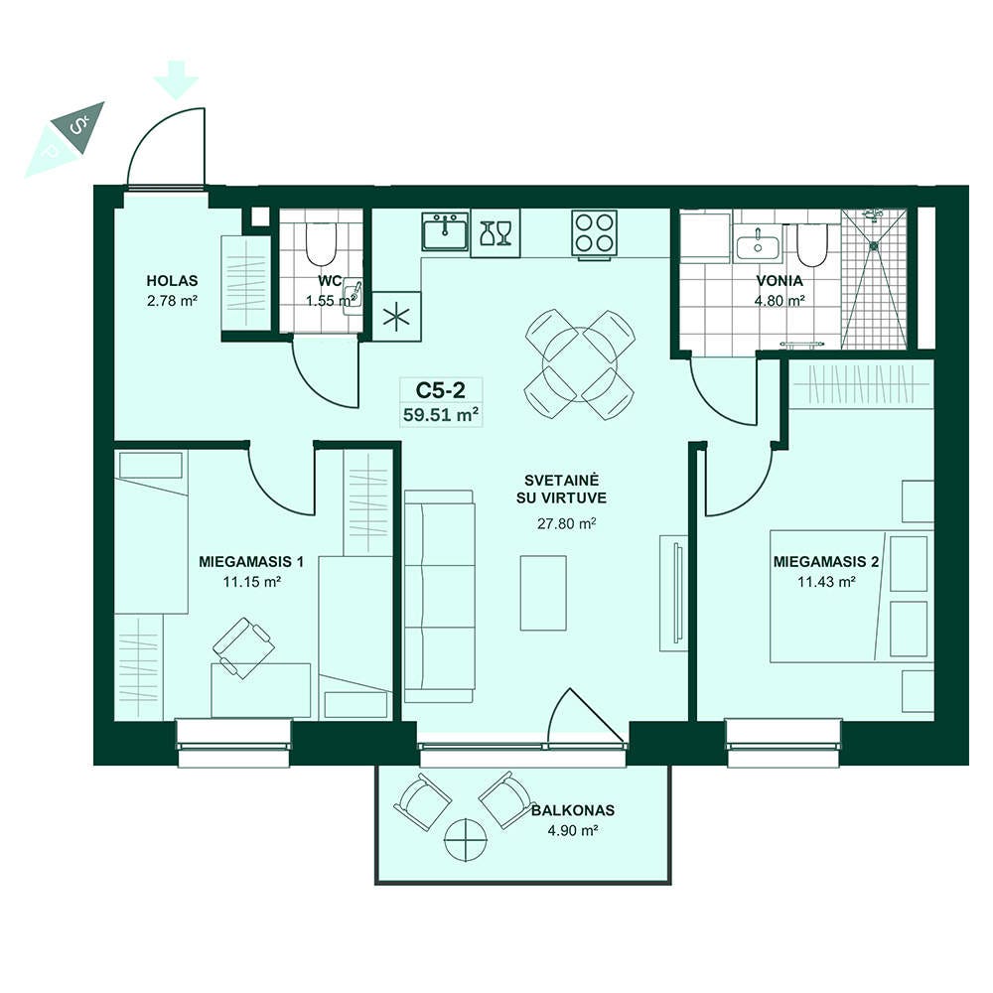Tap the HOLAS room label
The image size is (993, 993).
[172, 281]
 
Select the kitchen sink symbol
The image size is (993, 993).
[445, 231]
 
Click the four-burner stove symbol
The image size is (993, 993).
[594, 232]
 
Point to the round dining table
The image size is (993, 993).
[580, 364]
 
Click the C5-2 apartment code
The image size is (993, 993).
[441, 390]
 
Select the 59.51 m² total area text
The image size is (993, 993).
[441, 415]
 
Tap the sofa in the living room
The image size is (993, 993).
[440, 596]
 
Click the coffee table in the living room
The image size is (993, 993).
[543, 593]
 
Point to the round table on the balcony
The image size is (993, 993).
[466, 840]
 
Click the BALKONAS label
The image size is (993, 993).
[573, 810]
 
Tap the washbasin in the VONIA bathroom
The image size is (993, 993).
[758, 245]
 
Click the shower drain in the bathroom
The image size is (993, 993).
[874, 244]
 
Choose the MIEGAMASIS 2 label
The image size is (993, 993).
[826, 562]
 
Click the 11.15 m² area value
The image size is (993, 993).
[251, 581]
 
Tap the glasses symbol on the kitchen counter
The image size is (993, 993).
[496, 232]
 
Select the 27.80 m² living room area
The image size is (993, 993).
[567, 523]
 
